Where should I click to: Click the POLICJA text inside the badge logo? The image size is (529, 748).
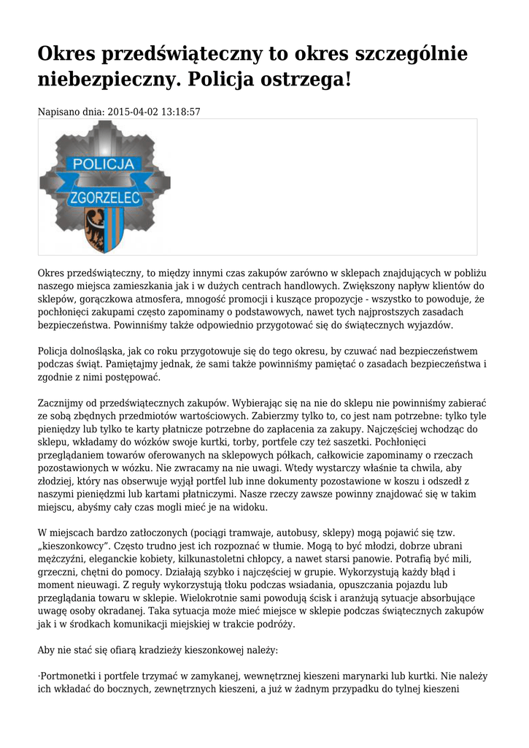[103, 163]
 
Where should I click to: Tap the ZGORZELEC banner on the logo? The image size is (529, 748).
[104, 197]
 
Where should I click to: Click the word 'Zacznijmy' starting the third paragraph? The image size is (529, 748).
[63, 402]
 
